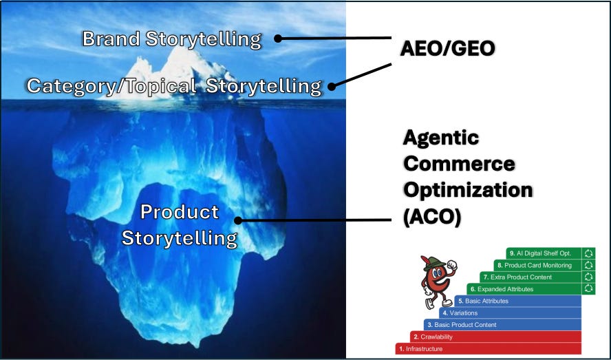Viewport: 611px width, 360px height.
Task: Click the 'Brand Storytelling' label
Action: coord(171,39)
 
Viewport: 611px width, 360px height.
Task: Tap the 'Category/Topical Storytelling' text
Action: coord(173,86)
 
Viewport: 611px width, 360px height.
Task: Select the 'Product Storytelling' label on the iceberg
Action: coord(179,224)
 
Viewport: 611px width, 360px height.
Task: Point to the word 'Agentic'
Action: coord(440,138)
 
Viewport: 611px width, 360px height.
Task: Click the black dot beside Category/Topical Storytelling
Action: coord(332,87)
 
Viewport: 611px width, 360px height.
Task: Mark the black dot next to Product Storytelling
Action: coord(238,221)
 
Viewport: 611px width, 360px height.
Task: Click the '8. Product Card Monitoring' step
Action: coord(537,265)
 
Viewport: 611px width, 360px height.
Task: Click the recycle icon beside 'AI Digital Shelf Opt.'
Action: coord(588,253)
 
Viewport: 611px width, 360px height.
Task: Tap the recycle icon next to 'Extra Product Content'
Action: coord(588,277)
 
